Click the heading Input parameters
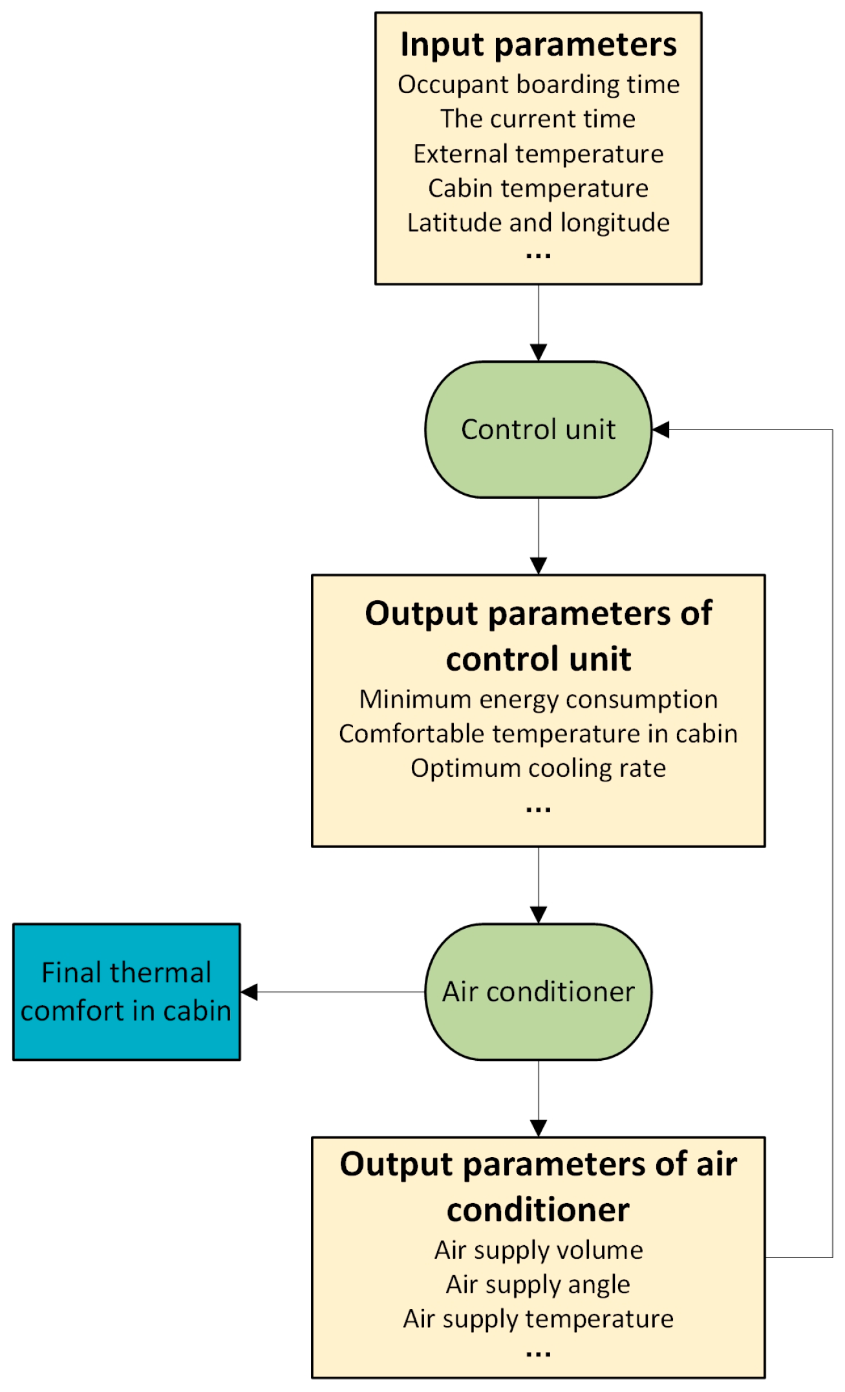click(x=538, y=45)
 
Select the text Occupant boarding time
click(x=538, y=85)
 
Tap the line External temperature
click(x=538, y=154)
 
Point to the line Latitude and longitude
click(x=538, y=223)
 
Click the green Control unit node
click(x=538, y=430)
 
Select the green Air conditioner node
click(x=538, y=992)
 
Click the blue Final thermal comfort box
click(x=126, y=992)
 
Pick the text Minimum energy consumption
click(x=538, y=699)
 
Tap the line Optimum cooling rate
click(x=538, y=768)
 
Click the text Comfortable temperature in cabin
click(x=538, y=734)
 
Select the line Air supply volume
click(x=538, y=1250)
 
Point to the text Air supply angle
click(x=538, y=1284)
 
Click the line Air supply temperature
click(x=538, y=1318)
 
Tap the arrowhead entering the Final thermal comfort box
click(x=250, y=992)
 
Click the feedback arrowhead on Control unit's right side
click(x=661, y=430)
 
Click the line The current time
click(x=538, y=119)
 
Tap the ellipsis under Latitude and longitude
click(x=538, y=256)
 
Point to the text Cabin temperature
click(x=538, y=188)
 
